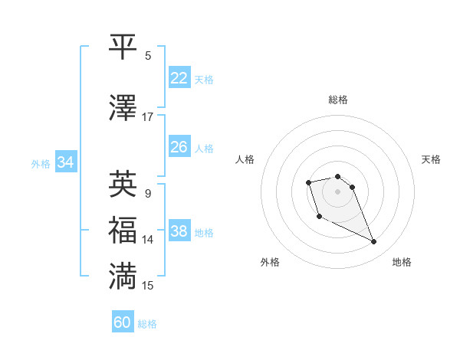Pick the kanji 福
click(x=123, y=230)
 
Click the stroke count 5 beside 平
click(x=148, y=55)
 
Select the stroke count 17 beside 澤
click(x=147, y=116)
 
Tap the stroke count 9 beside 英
click(x=148, y=193)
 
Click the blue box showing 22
click(x=179, y=77)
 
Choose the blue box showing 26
click(x=179, y=146)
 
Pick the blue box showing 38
click(x=179, y=231)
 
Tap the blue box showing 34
click(x=65, y=162)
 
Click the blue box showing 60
click(x=123, y=322)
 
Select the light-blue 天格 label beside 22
click(x=204, y=79)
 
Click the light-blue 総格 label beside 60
click(x=147, y=324)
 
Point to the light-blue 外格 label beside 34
click(x=41, y=163)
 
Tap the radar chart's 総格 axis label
click(x=338, y=100)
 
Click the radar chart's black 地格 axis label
click(x=402, y=262)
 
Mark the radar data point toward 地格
click(x=374, y=242)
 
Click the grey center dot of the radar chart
click(x=338, y=191)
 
